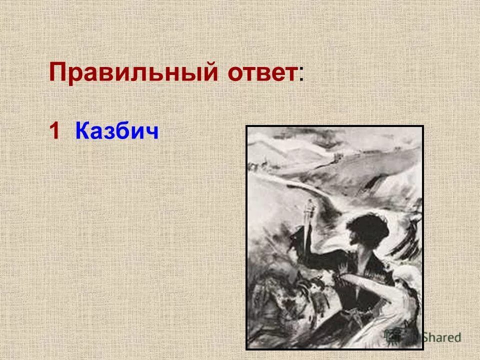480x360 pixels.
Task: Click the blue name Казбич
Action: (117, 131)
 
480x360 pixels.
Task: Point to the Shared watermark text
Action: (440, 337)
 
